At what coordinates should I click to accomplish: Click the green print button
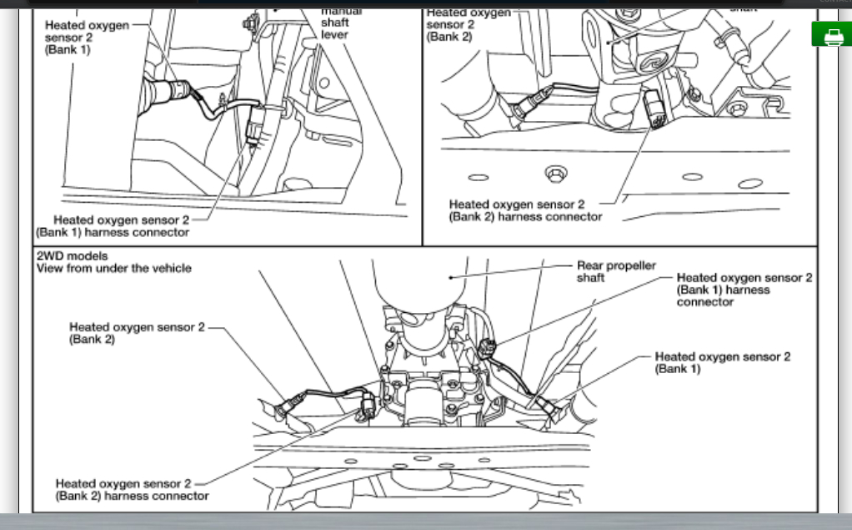(x=831, y=35)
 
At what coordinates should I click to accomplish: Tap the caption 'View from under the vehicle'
(x=113, y=268)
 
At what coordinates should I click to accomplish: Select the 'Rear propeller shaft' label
(x=616, y=271)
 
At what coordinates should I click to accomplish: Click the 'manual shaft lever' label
(x=340, y=23)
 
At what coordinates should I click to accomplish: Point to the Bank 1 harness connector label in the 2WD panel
(x=744, y=290)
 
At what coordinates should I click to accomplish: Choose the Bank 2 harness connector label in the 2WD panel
(x=132, y=489)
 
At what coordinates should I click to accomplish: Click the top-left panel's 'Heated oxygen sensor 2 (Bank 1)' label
(x=86, y=38)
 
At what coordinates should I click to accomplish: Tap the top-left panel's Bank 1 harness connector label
(x=113, y=225)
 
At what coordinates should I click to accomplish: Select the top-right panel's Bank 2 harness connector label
(x=525, y=210)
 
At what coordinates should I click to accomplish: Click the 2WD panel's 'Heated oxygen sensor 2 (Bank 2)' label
(x=136, y=333)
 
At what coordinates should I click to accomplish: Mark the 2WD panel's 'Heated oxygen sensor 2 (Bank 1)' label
(x=722, y=362)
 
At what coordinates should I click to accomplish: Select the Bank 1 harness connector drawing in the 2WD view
(x=489, y=348)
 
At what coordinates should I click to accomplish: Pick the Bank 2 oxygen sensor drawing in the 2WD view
(x=285, y=407)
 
